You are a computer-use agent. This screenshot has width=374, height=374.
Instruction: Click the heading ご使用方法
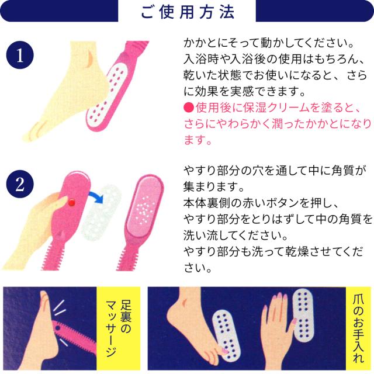point(188,12)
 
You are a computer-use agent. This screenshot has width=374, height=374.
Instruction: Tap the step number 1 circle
point(20,55)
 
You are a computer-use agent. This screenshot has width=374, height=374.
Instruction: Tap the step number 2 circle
point(20,184)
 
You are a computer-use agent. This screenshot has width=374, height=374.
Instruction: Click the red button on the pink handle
point(72,203)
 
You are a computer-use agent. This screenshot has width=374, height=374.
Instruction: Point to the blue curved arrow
point(96,196)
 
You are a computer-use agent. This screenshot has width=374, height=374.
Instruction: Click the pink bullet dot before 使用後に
point(188,108)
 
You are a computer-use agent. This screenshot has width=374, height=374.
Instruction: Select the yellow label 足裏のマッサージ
point(119,328)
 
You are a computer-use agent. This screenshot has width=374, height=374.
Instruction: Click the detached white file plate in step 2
point(101,212)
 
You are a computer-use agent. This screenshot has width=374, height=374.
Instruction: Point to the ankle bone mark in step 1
point(89,58)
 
